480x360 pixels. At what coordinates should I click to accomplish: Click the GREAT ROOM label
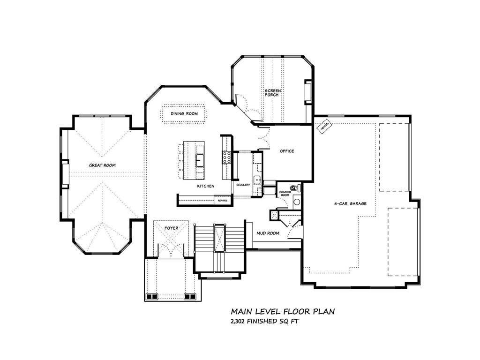(102, 165)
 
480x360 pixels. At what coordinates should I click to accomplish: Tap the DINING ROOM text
(184, 113)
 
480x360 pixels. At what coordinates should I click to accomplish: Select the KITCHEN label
(205, 186)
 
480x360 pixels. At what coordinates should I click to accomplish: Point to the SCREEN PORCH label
(271, 92)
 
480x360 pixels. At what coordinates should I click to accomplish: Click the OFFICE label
(287, 151)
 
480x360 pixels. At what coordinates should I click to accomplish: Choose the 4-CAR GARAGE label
(350, 203)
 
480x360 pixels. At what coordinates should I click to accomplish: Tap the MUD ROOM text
(268, 233)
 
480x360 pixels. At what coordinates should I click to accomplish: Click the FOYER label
(171, 228)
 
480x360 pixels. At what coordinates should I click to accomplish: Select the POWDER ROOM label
(285, 193)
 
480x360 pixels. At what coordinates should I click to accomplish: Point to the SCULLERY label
(243, 185)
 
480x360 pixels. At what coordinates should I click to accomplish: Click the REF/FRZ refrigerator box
(223, 201)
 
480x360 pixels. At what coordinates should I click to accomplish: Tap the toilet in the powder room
(296, 188)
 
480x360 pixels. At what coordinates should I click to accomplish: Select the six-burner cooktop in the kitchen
(226, 157)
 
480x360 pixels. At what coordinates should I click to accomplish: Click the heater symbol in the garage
(323, 126)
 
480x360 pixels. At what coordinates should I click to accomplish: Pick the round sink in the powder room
(296, 202)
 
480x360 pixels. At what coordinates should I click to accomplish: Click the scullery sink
(257, 180)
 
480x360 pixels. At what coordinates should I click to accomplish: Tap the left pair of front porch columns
(151, 297)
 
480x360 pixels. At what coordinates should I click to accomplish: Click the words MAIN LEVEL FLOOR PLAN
(282, 311)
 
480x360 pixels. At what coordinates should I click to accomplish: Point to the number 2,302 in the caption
(239, 322)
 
